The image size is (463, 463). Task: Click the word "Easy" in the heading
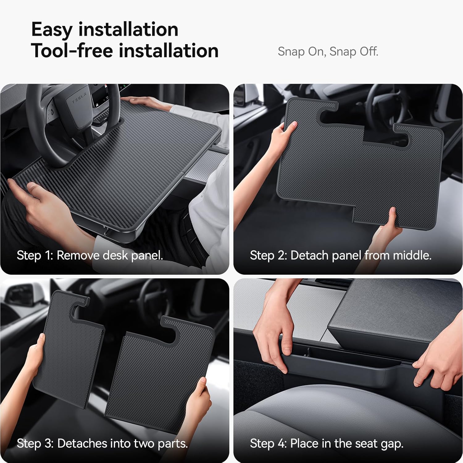[52, 30]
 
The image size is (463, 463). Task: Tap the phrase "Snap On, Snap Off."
[328, 52]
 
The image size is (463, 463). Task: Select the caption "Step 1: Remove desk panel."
[90, 256]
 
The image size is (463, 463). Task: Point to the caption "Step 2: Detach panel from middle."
[340, 256]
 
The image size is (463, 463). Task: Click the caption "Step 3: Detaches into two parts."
[102, 444]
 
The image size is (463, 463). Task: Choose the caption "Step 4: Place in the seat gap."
[327, 444]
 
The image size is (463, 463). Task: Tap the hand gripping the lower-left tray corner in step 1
[40, 201]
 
